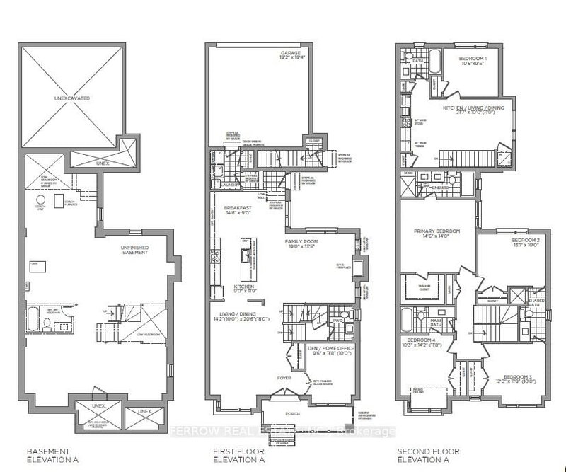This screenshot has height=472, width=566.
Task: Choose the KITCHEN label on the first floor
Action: point(244,287)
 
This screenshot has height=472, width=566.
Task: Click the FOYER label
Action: point(284,378)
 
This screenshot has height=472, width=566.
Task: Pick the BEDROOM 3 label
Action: point(519,376)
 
